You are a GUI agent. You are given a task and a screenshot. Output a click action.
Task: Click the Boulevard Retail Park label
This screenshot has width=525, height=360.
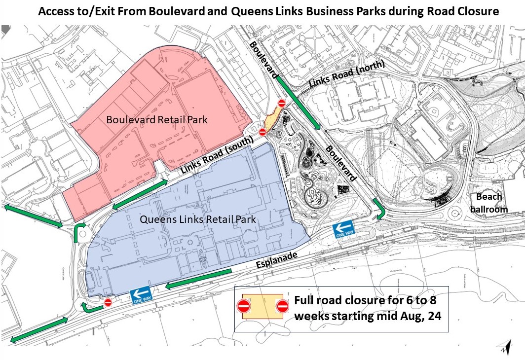157,120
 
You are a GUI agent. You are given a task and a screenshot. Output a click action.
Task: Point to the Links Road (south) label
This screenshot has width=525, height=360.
217,154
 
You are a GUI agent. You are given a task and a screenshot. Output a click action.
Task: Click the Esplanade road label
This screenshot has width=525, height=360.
277,260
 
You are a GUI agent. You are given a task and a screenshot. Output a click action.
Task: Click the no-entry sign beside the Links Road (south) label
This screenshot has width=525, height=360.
262,132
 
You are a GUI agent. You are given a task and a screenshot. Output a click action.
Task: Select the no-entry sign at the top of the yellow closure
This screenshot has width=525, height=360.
281,103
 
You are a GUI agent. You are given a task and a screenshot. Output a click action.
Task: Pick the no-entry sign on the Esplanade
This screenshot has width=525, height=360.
108,302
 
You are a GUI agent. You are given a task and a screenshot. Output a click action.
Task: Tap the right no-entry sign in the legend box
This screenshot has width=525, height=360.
282,306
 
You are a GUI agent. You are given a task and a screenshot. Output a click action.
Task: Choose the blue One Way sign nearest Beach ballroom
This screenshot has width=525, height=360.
344,229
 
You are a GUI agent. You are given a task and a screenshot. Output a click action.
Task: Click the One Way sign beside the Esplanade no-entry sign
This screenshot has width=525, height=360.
142,295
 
